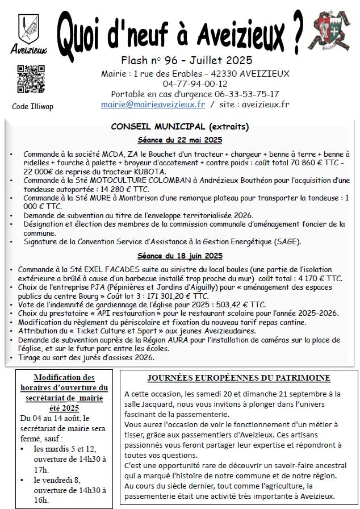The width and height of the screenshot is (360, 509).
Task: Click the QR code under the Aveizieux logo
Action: [31, 80]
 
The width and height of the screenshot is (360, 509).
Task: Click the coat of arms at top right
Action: [333, 32]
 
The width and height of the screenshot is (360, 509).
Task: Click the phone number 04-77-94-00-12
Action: [195, 84]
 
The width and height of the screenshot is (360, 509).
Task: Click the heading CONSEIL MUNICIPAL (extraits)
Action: [180, 127]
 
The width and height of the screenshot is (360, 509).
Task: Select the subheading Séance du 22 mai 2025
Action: [180, 140]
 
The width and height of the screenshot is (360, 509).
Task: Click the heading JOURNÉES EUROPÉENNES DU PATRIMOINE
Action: [238, 378]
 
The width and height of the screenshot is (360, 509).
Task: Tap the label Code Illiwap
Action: [32, 107]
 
